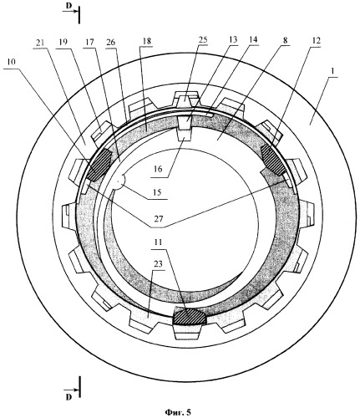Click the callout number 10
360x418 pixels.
(11, 62)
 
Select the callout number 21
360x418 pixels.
(40, 43)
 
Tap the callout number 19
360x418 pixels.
(63, 43)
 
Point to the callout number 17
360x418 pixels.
(89, 43)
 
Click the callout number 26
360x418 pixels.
(111, 43)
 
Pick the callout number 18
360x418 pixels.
(146, 41)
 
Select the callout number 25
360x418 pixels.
(203, 39)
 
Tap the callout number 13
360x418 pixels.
(232, 39)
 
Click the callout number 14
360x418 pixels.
(253, 39)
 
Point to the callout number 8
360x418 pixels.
(285, 40)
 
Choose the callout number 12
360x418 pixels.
(316, 40)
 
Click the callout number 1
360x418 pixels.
(333, 72)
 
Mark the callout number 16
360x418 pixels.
(158, 169)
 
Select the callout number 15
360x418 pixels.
(158, 192)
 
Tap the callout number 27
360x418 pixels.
(158, 218)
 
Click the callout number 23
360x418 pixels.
(158, 264)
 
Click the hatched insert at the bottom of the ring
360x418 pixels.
(190, 316)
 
